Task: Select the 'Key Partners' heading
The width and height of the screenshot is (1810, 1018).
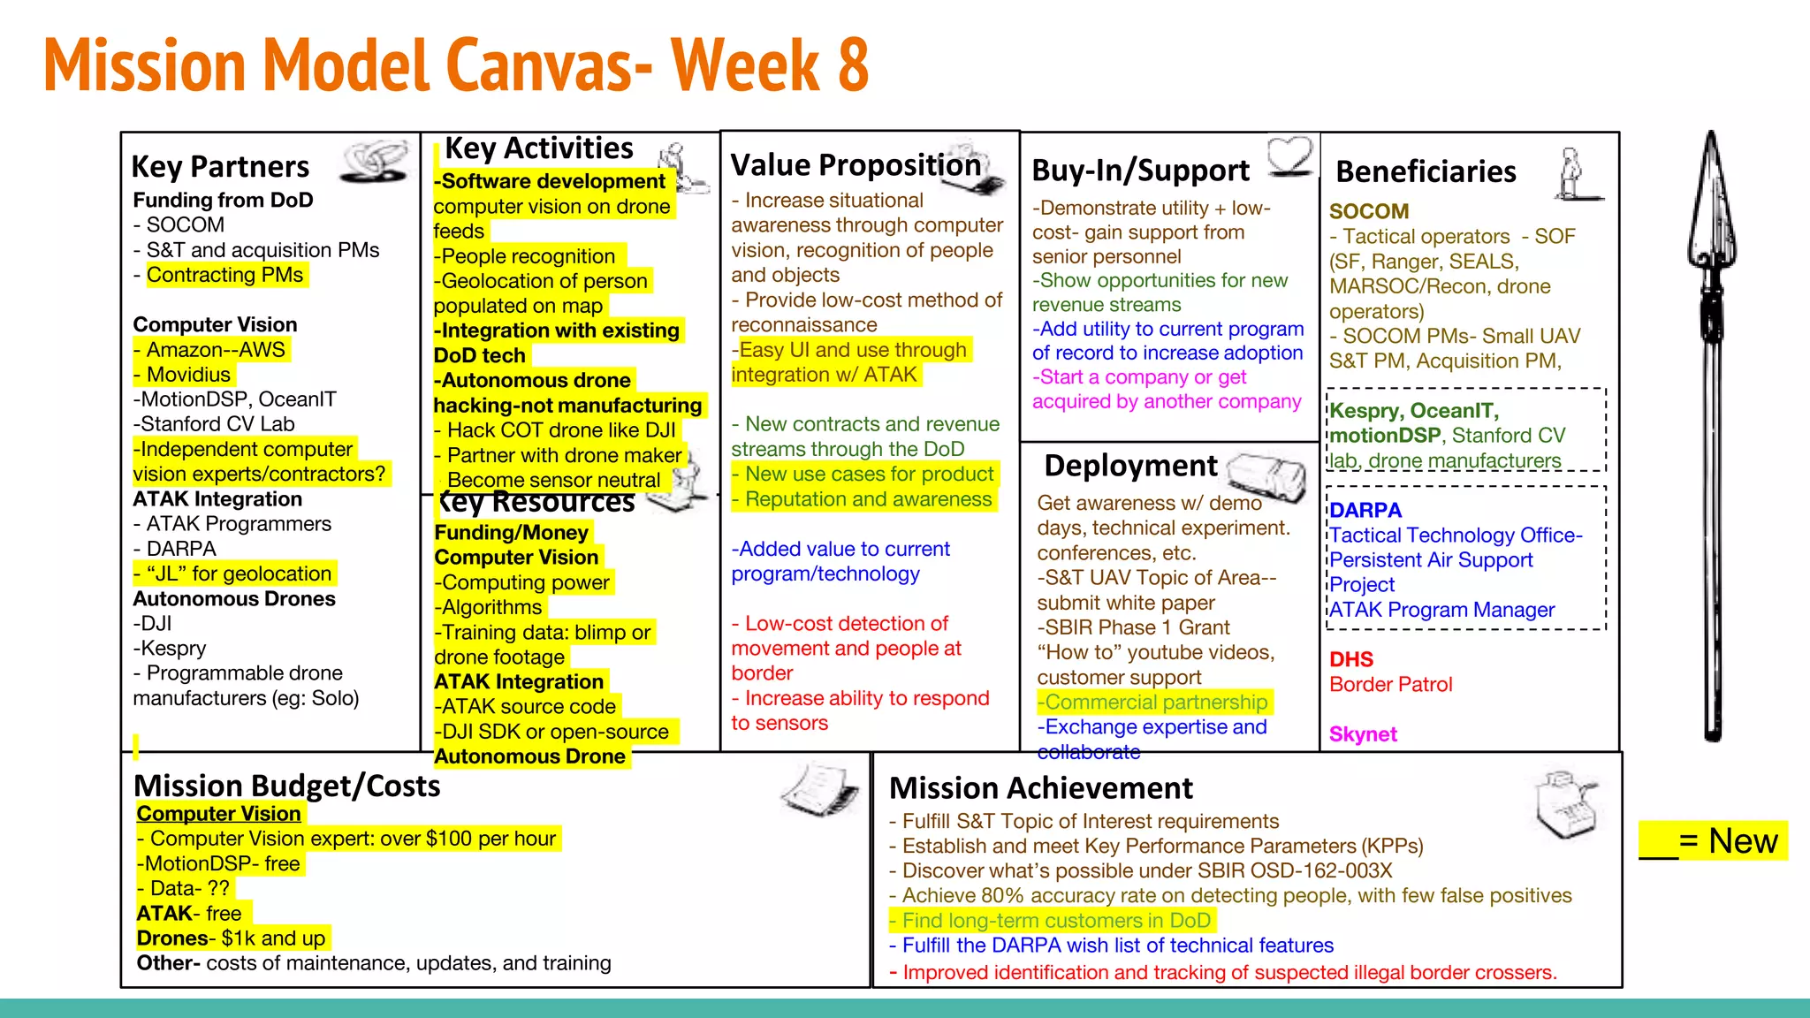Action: click(220, 166)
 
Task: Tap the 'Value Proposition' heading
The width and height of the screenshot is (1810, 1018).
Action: click(856, 164)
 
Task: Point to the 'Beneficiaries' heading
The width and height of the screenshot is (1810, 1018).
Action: click(1426, 171)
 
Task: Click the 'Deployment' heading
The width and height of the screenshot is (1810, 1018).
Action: click(1130, 466)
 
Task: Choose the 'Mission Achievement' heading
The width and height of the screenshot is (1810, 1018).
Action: click(1040, 787)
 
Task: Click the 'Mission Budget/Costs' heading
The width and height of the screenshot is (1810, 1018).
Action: click(286, 786)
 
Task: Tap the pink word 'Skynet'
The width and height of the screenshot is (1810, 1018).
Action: click(1363, 734)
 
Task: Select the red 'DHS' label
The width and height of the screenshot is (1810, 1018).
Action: click(1351, 659)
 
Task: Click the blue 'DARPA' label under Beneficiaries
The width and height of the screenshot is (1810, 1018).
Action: click(1365, 510)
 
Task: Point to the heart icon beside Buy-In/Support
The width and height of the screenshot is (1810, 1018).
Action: click(1290, 155)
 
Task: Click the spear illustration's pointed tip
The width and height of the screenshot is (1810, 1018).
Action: click(1712, 141)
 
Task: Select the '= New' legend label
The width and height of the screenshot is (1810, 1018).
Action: click(1728, 841)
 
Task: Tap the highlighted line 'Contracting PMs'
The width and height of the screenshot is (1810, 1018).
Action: click(224, 275)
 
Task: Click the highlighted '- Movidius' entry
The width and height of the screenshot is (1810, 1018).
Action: click(183, 375)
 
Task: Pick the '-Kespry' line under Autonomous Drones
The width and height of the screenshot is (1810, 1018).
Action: click(170, 649)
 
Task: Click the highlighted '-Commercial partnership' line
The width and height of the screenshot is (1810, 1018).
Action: click(1153, 703)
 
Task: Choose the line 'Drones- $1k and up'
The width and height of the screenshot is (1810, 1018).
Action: click(231, 938)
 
